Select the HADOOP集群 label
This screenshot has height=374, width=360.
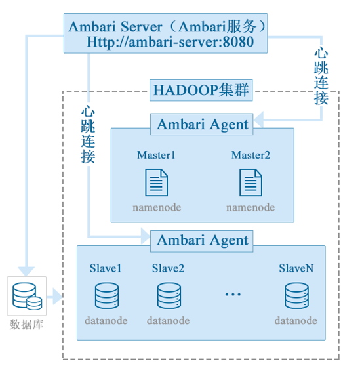pyautogui.click(x=201, y=90)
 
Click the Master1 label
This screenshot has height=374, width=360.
pyautogui.click(x=156, y=156)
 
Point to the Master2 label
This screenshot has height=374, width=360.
pyautogui.click(x=250, y=156)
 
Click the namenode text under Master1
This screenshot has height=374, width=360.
pyautogui.click(x=156, y=207)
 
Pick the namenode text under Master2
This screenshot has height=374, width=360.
pyautogui.click(x=250, y=207)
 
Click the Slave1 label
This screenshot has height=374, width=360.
pyautogui.click(x=106, y=268)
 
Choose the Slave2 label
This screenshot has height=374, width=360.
pyautogui.click(x=168, y=268)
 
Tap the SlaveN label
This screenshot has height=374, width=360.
pyautogui.click(x=296, y=268)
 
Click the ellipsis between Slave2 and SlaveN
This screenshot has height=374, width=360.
pyautogui.click(x=233, y=295)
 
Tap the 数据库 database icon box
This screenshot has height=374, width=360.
pyautogui.click(x=27, y=296)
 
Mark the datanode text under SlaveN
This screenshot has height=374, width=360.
pyautogui.click(x=296, y=321)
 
